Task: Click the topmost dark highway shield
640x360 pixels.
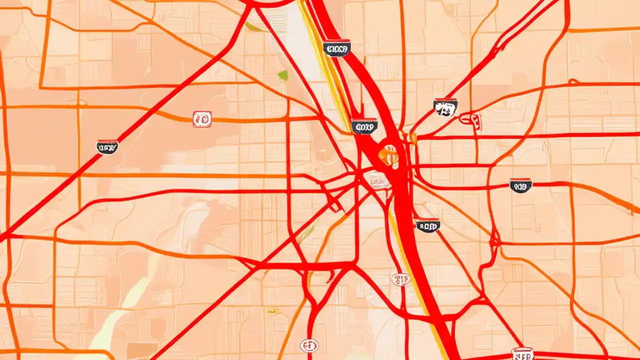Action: [336, 48]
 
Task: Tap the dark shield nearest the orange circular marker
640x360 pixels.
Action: [363, 126]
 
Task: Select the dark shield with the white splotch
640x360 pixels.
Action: [445, 107]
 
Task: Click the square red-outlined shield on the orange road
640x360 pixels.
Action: [202, 119]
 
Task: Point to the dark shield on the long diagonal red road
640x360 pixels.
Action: [107, 146]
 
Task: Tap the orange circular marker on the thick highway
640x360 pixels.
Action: [388, 156]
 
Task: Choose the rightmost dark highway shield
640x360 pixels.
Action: [520, 186]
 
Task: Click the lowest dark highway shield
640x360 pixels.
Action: [428, 225]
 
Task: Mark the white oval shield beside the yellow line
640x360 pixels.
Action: [401, 279]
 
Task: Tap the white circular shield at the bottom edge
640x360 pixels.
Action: [309, 345]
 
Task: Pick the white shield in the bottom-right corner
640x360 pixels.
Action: [523, 354]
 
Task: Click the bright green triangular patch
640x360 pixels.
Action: [283, 75]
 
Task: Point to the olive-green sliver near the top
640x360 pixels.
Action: [254, 26]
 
